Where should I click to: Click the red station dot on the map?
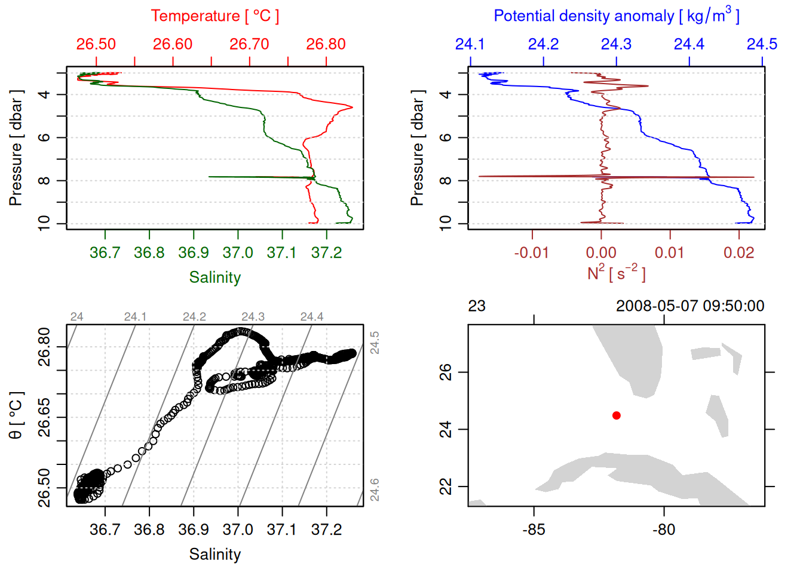click(616, 415)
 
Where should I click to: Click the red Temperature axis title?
click(214, 16)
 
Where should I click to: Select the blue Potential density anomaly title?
click(616, 16)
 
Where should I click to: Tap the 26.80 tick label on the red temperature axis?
click(326, 44)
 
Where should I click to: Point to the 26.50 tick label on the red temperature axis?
click(96, 44)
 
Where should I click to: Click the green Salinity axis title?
click(214, 278)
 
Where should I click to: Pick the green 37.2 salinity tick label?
click(326, 253)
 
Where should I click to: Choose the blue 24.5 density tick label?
click(762, 44)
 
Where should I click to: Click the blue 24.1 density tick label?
click(470, 44)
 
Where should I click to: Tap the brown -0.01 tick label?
click(531, 253)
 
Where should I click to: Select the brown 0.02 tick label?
click(738, 253)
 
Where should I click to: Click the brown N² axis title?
click(616, 273)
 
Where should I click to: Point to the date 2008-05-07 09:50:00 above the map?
click(690, 306)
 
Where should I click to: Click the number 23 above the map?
click(477, 306)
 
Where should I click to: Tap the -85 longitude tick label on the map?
click(534, 530)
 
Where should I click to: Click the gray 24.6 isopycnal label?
click(375, 489)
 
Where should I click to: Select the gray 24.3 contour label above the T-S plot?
click(253, 317)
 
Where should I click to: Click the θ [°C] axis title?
click(16, 415)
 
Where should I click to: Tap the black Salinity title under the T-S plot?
click(214, 554)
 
